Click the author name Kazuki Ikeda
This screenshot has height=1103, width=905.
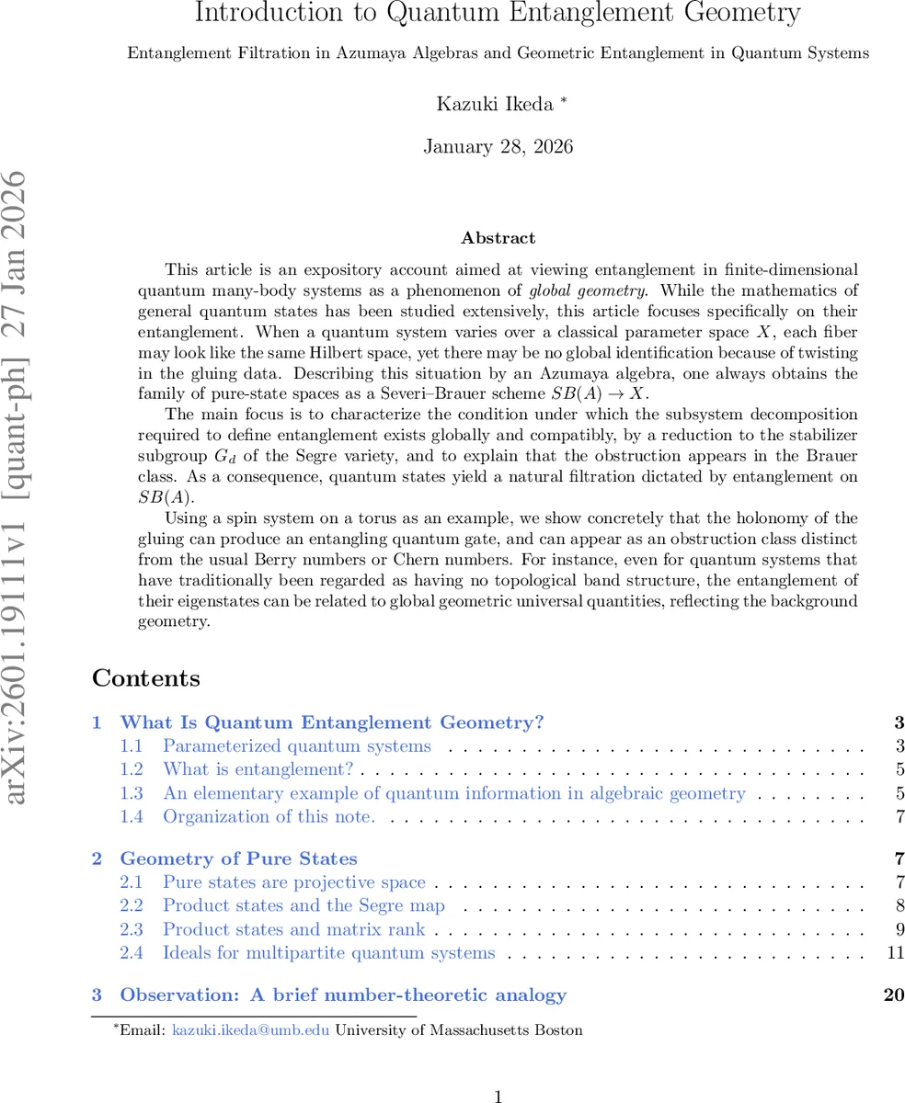click(x=495, y=104)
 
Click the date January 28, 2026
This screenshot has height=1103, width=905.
click(x=498, y=146)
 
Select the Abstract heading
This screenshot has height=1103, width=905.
click(x=498, y=238)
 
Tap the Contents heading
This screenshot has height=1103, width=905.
click(x=146, y=679)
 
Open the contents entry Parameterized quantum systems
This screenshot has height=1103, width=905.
click(x=296, y=746)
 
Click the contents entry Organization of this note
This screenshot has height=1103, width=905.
click(x=269, y=816)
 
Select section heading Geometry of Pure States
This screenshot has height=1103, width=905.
click(x=238, y=859)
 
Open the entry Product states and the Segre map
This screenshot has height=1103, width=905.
click(x=304, y=905)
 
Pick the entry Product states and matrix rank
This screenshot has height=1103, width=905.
click(x=293, y=929)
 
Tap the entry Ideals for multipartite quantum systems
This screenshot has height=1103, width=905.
click(x=328, y=952)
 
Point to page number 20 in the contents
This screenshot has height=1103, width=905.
click(x=893, y=995)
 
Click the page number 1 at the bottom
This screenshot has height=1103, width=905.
click(x=498, y=1096)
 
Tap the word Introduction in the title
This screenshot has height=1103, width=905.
click(x=252, y=14)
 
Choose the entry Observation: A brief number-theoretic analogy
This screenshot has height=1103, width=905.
click(x=343, y=995)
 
